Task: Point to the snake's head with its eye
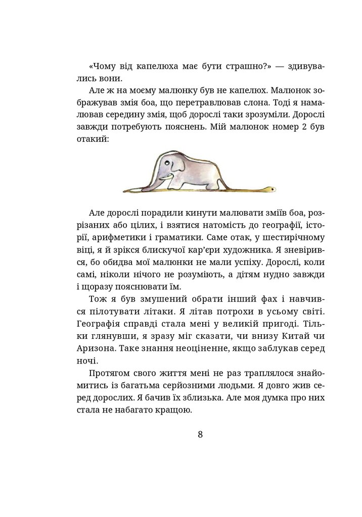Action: [x=271, y=188]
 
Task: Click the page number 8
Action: [x=200, y=435]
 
